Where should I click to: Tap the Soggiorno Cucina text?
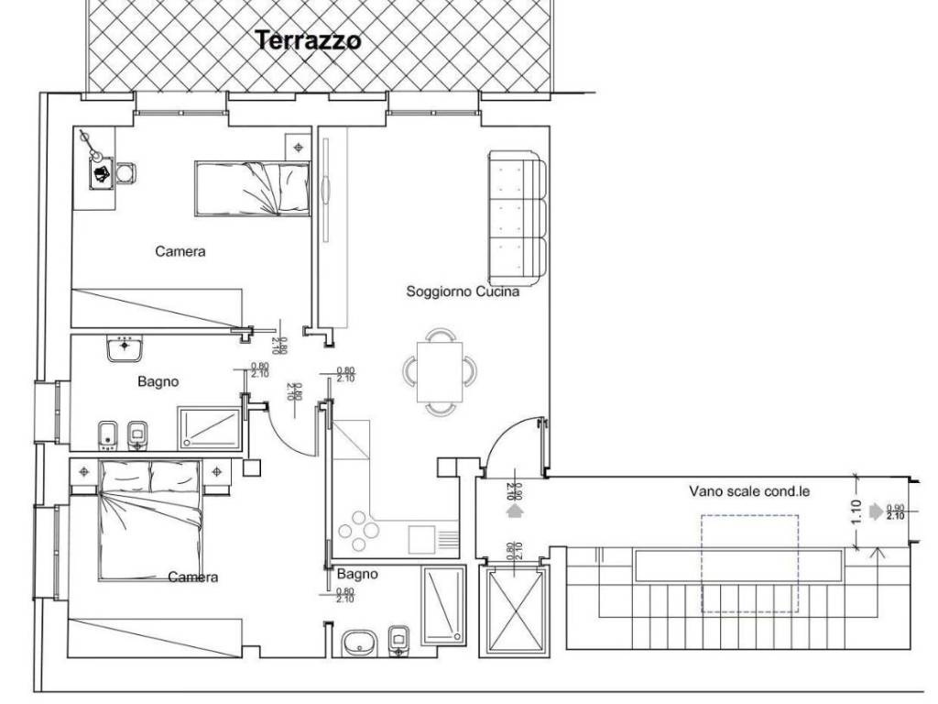(463, 291)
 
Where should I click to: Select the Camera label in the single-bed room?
(180, 251)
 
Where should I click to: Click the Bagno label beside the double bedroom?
(158, 381)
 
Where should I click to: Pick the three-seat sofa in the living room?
(518, 217)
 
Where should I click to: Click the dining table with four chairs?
(440, 370)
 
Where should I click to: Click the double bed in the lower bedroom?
(150, 519)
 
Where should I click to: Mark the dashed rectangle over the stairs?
(749, 563)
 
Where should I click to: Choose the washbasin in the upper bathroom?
(124, 348)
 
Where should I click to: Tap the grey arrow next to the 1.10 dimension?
(878, 511)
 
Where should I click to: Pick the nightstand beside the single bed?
(298, 146)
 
